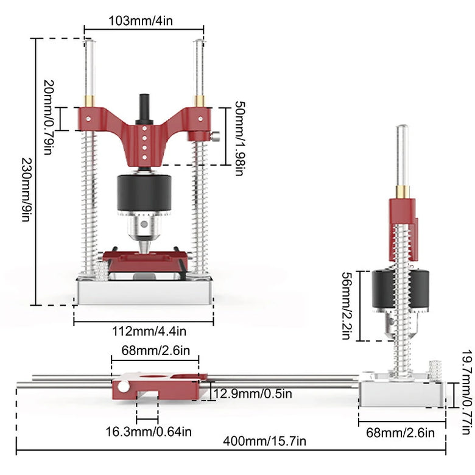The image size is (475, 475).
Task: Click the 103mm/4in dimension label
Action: [x=144, y=20]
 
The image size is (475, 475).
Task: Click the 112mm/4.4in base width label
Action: [x=144, y=331]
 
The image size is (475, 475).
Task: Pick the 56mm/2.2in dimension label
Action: [x=346, y=305]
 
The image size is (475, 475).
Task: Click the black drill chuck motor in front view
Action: [x=143, y=193]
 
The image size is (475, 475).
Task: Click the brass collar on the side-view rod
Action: [x=403, y=192]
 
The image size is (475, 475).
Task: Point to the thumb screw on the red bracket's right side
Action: [x=216, y=137]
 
